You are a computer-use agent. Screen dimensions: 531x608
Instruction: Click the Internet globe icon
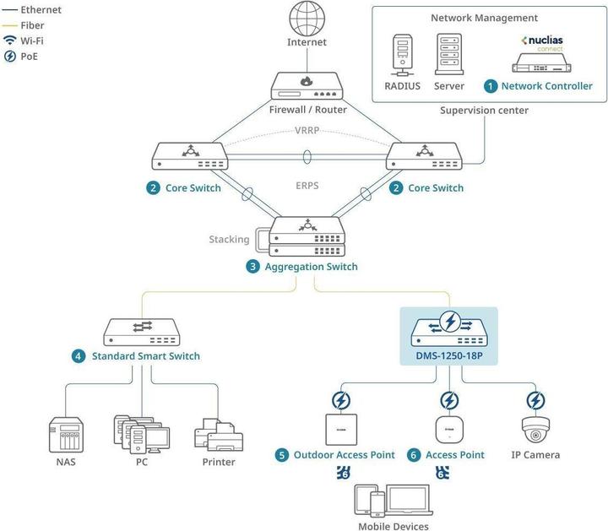(x=306, y=19)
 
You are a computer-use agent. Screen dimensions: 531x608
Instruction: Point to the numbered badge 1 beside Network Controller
(x=491, y=86)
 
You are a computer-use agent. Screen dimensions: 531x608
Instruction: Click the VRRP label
(x=307, y=131)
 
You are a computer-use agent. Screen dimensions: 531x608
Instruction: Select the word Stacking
(x=229, y=239)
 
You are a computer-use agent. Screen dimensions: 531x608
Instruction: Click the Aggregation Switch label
(x=311, y=267)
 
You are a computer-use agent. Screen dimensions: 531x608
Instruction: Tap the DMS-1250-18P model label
(x=450, y=356)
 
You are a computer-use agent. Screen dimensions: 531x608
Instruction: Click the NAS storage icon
(x=65, y=433)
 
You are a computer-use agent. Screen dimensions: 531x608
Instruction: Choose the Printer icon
(x=218, y=433)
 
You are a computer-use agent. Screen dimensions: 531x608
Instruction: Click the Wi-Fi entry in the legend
(x=31, y=41)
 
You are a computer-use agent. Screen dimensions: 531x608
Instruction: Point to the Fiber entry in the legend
(x=31, y=25)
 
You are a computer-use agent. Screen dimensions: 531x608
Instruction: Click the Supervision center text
(x=484, y=111)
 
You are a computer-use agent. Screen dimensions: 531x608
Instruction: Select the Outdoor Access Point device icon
(x=339, y=429)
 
